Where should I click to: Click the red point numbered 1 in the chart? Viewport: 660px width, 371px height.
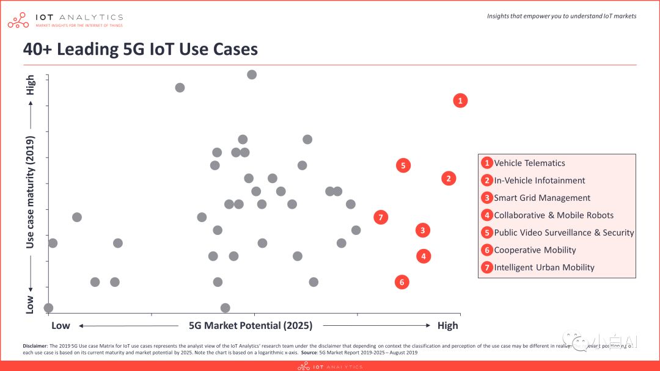460,101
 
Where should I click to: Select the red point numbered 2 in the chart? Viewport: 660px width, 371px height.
449,179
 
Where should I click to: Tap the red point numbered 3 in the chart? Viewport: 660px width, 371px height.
422,230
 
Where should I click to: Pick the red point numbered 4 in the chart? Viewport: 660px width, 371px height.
424,256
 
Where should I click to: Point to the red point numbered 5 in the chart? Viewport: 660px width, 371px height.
402,165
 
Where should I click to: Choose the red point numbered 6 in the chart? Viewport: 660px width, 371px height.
402,282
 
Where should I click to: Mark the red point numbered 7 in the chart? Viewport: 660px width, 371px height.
381,217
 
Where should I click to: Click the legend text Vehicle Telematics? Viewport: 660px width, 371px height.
529,163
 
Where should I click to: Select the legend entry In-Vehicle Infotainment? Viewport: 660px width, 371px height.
539,181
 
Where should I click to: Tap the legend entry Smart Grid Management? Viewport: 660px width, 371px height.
541,198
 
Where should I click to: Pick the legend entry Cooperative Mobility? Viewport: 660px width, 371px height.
535,250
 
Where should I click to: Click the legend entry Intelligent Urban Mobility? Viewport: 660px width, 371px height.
544,267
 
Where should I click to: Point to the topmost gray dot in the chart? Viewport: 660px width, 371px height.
252,74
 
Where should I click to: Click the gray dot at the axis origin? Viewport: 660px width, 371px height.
48,308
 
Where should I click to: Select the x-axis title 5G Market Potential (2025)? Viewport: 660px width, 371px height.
251,325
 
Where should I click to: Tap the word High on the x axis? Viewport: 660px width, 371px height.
447,325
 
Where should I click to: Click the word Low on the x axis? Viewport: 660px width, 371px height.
61,325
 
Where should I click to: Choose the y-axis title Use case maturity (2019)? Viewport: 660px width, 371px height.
30,192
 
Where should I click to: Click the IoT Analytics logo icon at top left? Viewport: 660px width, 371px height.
18,20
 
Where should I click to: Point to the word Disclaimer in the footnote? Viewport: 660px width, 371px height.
34,345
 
